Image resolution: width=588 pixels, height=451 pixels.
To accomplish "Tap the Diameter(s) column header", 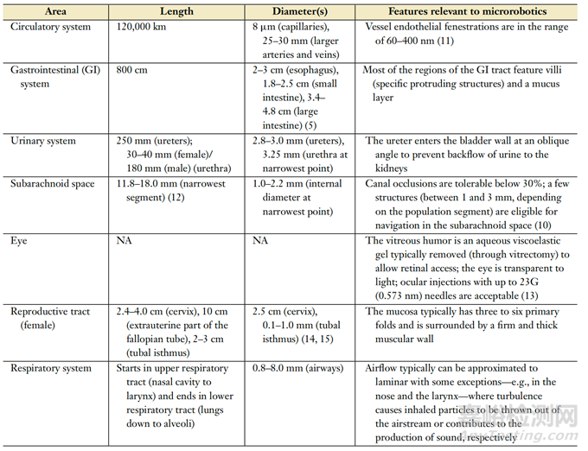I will tap(297, 12).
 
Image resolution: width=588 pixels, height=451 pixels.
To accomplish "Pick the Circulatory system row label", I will tap(49, 28).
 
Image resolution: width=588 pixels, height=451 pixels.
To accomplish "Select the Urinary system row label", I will tap(44, 141).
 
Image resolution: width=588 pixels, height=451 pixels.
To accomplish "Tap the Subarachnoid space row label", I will tap(51, 183).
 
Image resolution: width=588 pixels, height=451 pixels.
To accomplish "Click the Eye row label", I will tap(20, 240).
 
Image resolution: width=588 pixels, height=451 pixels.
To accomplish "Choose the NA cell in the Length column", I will tap(125, 240).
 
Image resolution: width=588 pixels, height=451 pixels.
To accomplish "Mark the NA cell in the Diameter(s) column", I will tap(260, 240).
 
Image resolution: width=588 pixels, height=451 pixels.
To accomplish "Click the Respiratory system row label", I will tap(51, 368).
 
